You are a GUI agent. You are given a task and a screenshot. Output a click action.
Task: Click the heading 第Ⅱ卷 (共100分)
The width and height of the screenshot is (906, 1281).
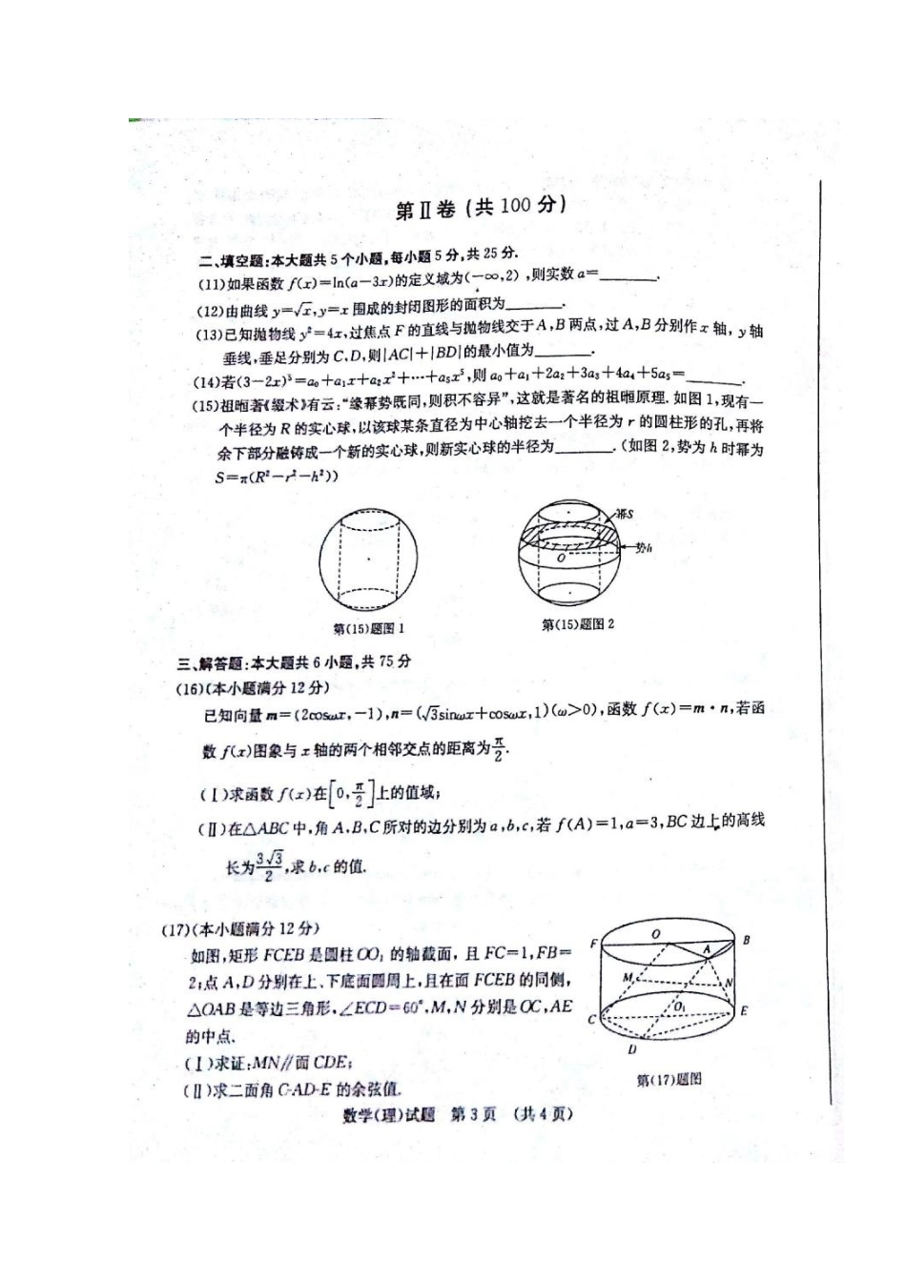(481, 208)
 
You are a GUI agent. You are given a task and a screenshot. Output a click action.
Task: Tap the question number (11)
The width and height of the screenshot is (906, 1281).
(210, 283)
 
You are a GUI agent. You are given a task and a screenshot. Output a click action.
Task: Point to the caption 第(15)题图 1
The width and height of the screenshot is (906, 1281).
(369, 628)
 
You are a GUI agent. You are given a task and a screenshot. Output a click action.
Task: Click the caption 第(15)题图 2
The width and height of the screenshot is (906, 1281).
(578, 624)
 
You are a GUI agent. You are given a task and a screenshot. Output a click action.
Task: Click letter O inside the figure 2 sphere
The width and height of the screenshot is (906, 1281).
(562, 558)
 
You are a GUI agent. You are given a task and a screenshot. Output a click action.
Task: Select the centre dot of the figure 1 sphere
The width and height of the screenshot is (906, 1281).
(369, 559)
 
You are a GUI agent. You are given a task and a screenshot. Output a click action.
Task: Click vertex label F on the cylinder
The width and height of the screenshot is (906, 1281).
(593, 944)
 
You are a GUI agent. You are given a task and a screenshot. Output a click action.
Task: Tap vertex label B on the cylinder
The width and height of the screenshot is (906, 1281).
(746, 940)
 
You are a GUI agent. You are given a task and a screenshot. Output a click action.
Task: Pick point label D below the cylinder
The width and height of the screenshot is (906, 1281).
(631, 1049)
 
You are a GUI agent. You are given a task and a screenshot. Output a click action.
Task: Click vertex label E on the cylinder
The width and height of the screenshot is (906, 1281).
(744, 1010)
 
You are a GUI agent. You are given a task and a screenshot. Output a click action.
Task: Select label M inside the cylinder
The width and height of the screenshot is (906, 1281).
(627, 978)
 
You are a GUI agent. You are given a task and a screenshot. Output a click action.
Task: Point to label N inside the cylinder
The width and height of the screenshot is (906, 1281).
(729, 982)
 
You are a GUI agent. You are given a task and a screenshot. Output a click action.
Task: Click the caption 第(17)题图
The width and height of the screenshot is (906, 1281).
(669, 1079)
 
